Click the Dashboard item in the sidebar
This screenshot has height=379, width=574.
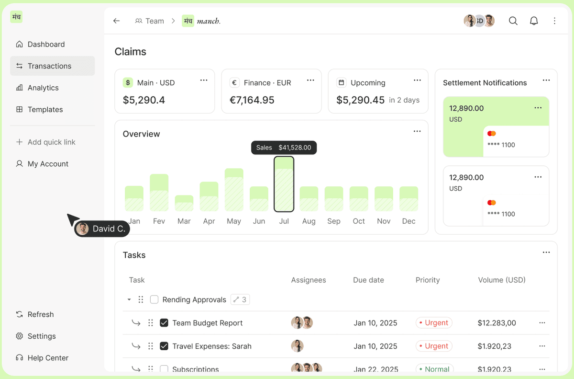coord(46,44)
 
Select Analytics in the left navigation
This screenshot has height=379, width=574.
coord(43,88)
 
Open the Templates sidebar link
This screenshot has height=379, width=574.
coord(45,109)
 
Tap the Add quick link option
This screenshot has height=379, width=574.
coord(51,142)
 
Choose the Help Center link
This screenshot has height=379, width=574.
coord(48,358)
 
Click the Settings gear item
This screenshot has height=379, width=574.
coord(42,336)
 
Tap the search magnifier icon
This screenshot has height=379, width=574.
coord(513,21)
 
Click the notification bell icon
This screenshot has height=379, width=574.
coord(534,21)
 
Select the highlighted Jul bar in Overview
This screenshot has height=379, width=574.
coord(284,184)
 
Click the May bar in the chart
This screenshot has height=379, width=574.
coord(234,190)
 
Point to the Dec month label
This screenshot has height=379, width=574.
coord(409,221)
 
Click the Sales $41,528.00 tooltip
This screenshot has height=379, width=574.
coord(284,148)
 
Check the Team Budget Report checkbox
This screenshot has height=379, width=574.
coord(164,323)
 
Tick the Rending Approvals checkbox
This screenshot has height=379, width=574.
coord(154,299)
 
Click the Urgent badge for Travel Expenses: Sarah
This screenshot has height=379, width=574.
coord(434,346)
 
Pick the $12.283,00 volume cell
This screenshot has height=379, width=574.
coord(497,323)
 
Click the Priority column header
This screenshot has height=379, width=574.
coord(428,280)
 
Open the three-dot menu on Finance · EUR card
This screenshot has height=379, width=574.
coord(310,80)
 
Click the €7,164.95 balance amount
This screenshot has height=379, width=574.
coord(259,100)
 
